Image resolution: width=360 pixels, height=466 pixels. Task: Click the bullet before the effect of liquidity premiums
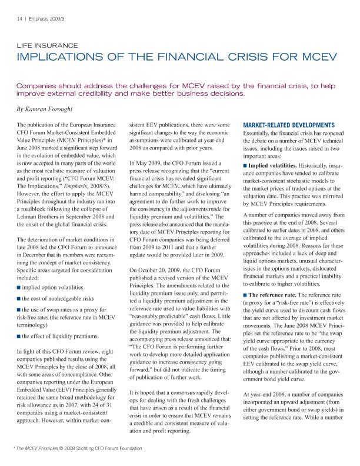[19, 335]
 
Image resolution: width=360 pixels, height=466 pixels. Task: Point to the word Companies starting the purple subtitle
[42, 84]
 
